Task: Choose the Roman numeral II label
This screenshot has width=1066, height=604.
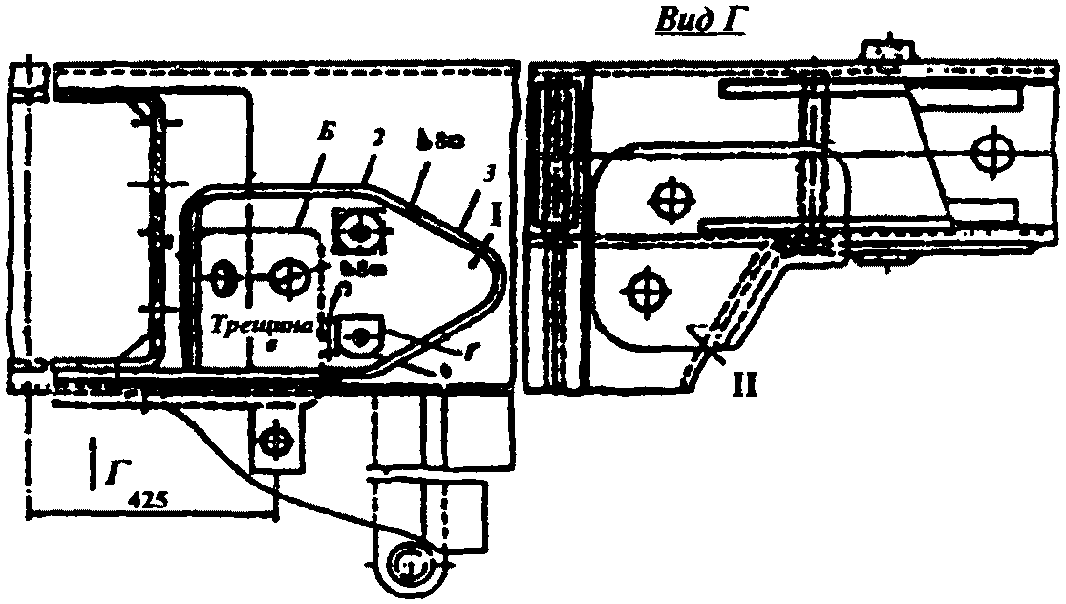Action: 747,388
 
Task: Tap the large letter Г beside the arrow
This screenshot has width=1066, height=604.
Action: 117,468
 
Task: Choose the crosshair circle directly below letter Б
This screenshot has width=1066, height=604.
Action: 287,279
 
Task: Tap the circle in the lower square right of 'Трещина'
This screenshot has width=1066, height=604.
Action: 360,335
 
